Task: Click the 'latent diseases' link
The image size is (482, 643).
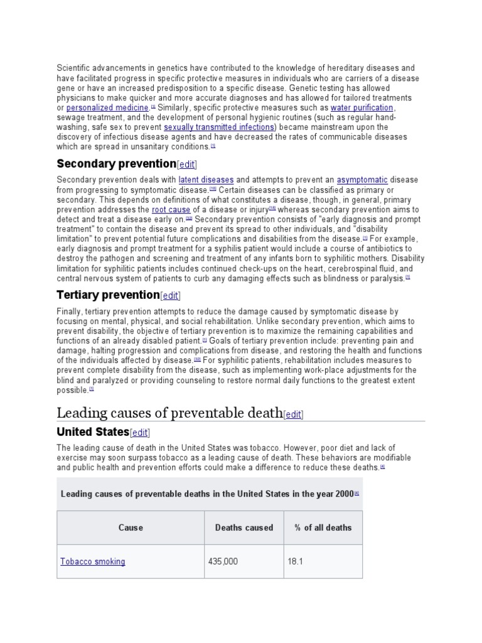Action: click(206, 180)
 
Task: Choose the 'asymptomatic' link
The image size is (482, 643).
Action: click(362, 180)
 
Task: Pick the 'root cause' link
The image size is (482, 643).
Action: click(171, 209)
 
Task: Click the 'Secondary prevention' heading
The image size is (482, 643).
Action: click(116, 164)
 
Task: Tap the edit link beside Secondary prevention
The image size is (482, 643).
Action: click(187, 165)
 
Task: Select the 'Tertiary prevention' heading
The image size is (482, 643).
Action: click(108, 295)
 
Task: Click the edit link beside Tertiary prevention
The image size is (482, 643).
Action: click(171, 296)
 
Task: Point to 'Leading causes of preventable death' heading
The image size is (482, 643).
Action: click(169, 413)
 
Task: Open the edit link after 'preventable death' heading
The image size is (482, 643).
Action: click(294, 414)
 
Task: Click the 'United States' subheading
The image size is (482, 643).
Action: click(93, 432)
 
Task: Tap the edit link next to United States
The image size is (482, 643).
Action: click(140, 433)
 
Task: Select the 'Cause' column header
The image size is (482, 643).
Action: click(131, 527)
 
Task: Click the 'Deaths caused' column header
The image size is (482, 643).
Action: click(244, 527)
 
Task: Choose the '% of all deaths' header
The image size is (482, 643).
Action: click(323, 527)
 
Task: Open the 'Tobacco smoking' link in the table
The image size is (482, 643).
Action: click(93, 561)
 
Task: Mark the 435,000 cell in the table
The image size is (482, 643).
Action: click(223, 561)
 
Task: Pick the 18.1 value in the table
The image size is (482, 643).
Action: click(296, 561)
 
